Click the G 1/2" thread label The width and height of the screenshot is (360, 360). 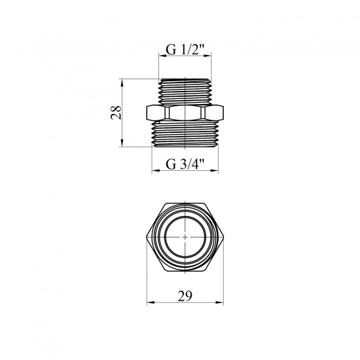185,50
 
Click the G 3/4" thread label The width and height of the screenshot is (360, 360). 185,164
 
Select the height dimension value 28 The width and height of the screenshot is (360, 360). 116,113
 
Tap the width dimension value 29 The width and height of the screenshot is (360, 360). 185,296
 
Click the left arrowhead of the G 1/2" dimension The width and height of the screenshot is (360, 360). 162,56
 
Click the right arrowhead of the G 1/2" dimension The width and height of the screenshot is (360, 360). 207,56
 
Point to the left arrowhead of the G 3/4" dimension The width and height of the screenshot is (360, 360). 155,170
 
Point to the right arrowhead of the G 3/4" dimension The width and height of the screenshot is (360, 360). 215,170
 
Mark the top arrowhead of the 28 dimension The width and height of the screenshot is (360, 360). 122,82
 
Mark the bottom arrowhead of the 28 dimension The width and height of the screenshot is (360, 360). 122,143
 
